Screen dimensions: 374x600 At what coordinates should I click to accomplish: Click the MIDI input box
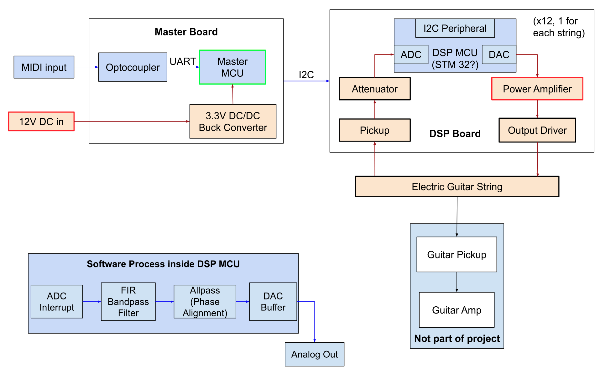coord(44,67)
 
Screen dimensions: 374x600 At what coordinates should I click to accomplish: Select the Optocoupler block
coord(133,67)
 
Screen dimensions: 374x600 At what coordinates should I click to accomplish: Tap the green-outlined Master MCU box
coord(232,67)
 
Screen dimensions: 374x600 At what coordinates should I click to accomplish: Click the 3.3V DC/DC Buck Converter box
coord(233,122)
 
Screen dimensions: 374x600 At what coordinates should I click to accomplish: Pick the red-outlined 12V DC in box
coord(41,122)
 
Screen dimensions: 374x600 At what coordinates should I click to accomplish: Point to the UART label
coord(183,61)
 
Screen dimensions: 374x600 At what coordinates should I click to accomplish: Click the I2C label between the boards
coord(306,75)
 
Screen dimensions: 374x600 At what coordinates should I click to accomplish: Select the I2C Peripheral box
coord(455,29)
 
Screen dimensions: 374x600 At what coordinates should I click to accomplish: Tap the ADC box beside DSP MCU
coord(411,55)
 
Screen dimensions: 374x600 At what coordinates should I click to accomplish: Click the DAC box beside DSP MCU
coord(499,55)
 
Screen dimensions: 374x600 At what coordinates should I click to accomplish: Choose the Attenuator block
coord(374,89)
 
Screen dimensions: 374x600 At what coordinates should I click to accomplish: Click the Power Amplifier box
coord(537,89)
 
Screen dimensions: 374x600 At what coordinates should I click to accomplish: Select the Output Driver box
coord(537,130)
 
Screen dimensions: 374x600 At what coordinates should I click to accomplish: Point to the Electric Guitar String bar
coord(457,187)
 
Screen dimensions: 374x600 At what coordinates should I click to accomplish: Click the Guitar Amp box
coord(457,310)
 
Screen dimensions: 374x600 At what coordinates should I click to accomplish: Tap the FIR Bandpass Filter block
coord(128,302)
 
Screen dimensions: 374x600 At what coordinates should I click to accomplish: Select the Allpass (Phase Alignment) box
coord(205,302)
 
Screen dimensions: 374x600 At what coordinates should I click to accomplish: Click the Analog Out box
coord(314,354)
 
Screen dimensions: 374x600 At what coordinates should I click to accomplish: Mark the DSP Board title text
coord(455,134)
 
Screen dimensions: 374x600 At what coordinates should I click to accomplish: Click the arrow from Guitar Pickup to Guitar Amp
coord(457,282)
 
